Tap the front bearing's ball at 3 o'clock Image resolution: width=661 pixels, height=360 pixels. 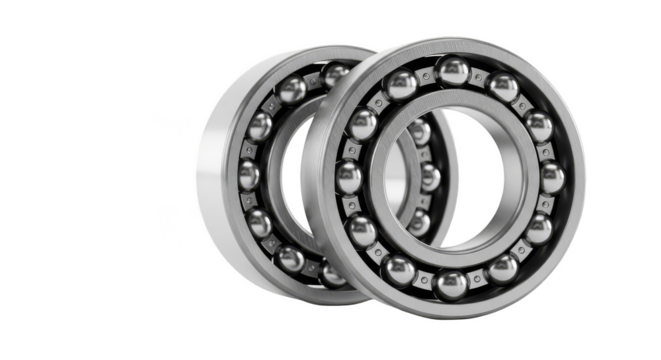(552, 178)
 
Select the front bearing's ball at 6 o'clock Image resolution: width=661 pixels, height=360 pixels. (450, 284)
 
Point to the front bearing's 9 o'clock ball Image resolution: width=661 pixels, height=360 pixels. (349, 178)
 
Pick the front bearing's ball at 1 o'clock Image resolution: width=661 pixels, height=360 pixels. (504, 87)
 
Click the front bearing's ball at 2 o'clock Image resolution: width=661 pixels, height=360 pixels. (539, 127)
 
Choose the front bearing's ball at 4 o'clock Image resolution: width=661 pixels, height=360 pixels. (540, 229)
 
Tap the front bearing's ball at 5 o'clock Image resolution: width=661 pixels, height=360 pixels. (503, 269)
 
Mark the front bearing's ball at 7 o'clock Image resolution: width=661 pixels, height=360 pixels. (399, 269)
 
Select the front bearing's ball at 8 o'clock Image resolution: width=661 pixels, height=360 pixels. (362, 231)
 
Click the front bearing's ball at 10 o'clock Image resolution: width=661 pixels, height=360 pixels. (363, 125)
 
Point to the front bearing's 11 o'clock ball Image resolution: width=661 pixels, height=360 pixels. (402, 86)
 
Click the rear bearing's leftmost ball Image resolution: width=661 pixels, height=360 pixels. (249, 175)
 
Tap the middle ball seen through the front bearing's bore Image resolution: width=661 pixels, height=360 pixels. (430, 178)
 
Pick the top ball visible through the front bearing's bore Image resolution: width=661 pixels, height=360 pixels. (420, 133)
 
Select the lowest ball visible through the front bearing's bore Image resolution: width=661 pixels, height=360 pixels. (420, 222)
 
